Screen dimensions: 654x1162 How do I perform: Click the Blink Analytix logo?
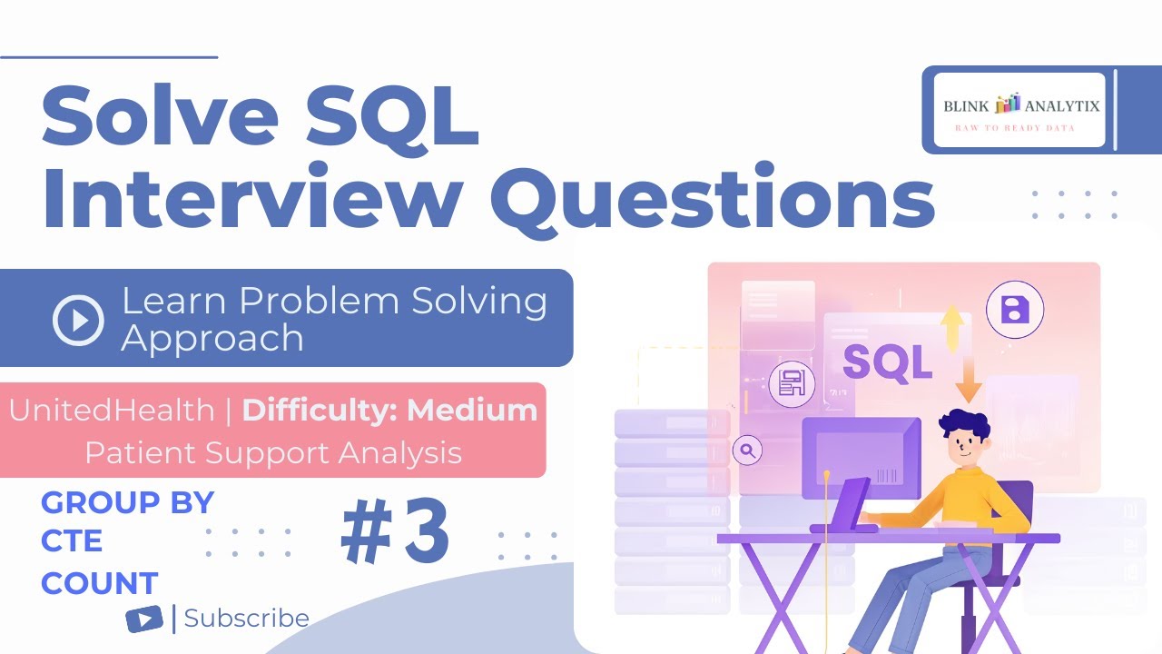1020,109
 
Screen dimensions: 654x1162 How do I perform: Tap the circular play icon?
78,320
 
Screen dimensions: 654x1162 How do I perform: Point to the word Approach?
212,338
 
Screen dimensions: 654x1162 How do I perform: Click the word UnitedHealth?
112,411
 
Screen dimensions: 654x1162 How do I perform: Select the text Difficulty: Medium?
389,411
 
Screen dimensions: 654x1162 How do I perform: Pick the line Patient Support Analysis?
273,451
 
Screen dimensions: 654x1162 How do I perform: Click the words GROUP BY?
127,502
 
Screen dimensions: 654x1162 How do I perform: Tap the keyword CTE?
72,541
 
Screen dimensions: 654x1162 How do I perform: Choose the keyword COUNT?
100,582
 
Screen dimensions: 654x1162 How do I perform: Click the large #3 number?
396,534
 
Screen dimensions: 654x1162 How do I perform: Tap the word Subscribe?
246,619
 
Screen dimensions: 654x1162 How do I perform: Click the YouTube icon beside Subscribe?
144,619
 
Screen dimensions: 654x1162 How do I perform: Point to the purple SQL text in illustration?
887,362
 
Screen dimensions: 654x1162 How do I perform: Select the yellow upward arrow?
951,327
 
